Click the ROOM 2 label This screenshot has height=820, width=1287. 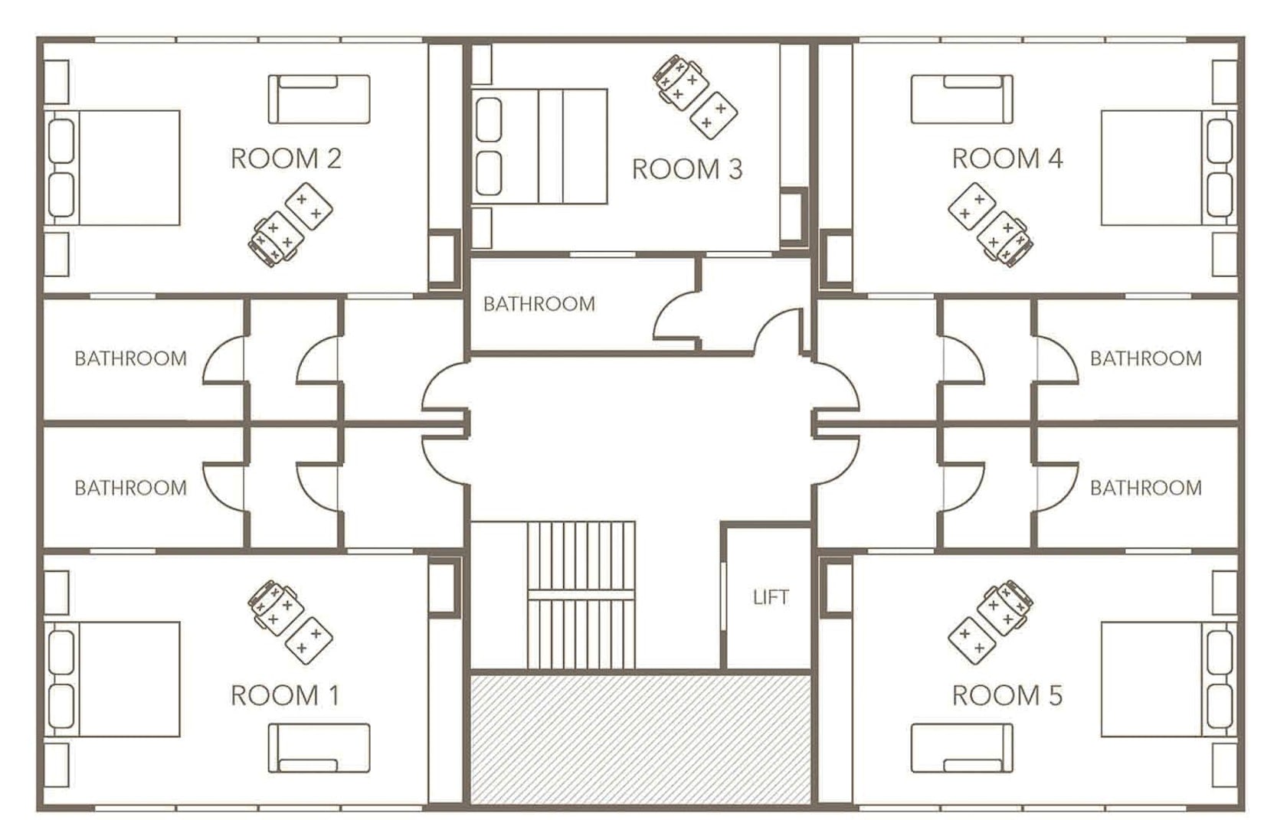[285, 158]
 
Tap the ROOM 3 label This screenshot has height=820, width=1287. [686, 169]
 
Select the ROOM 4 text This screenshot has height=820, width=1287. [1007, 158]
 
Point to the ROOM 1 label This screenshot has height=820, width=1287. [285, 695]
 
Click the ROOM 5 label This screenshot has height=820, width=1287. [1007, 695]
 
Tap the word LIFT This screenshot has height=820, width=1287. [770, 597]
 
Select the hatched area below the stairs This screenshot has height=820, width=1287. [640, 739]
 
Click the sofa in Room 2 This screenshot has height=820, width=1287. [319, 99]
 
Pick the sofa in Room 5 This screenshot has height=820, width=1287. [961, 748]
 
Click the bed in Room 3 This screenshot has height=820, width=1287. [540, 146]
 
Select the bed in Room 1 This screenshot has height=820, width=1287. [115, 679]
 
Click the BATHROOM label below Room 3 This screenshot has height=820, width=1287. [539, 304]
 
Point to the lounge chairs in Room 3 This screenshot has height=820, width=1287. [695, 96]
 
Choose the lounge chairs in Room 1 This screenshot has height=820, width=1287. [289, 621]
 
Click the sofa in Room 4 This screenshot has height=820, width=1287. [961, 99]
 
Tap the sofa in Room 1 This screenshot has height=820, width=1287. [319, 748]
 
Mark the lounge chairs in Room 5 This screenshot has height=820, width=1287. [991, 621]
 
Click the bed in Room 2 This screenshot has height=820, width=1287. [115, 168]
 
